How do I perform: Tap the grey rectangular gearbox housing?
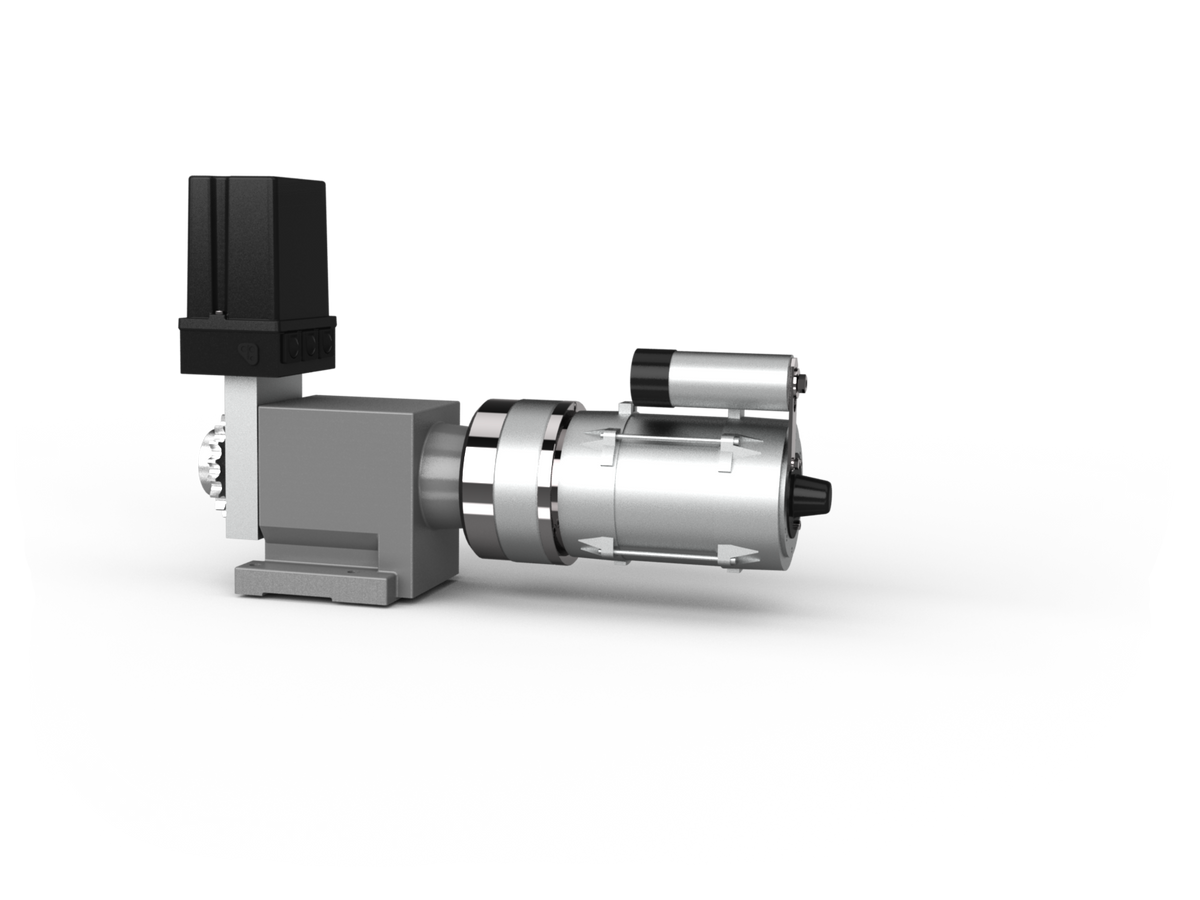point(350,470)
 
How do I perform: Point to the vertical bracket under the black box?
point(240,450)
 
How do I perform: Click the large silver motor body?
point(690,495)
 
